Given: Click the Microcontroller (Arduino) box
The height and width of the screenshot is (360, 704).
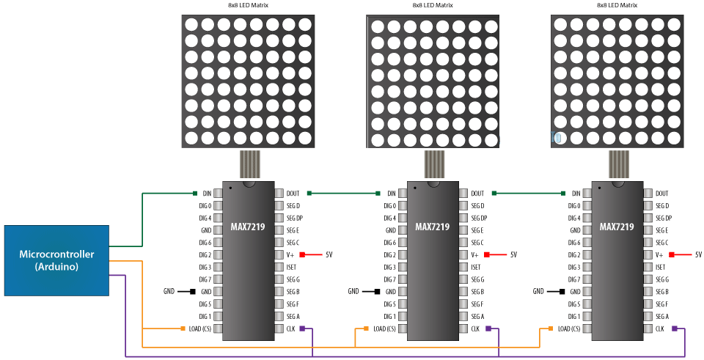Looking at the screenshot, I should click(x=57, y=261).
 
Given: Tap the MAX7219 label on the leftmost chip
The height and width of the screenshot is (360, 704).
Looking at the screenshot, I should click(x=248, y=227).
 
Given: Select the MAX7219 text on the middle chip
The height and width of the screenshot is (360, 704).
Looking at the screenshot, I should click(x=432, y=227).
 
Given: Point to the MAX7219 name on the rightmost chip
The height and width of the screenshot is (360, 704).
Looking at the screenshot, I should click(x=617, y=227).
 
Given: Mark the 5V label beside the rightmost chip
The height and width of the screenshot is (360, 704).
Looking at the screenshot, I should click(x=698, y=254).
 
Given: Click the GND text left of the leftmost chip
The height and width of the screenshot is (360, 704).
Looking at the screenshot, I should click(x=169, y=291).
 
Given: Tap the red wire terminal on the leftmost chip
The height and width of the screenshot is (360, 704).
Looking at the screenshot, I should click(x=302, y=254).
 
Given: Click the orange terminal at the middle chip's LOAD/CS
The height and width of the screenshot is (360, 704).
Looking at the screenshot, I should click(x=366, y=329).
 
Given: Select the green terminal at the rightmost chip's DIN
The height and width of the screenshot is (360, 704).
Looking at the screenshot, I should click(x=564, y=194).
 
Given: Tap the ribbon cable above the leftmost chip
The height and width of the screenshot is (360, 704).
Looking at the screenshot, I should click(x=249, y=164).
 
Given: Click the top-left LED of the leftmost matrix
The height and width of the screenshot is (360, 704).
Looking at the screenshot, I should click(x=191, y=23).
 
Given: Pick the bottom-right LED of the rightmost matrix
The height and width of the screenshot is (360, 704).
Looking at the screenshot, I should click(x=675, y=137).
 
